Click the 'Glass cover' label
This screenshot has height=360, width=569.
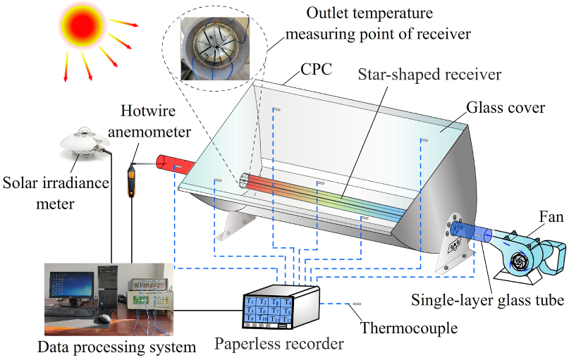point(505,108)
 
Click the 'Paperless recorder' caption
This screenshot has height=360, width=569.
point(280,345)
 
